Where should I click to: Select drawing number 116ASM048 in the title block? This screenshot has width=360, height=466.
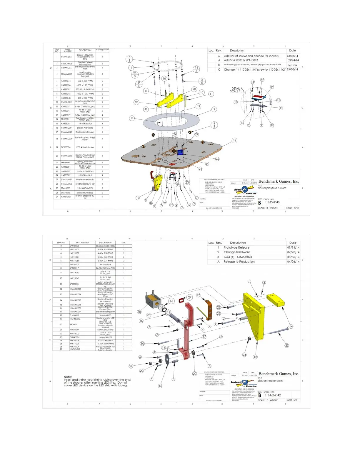pos(272,202)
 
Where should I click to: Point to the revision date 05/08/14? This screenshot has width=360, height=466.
pos(293,70)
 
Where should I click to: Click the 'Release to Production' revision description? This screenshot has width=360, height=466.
pos(239,262)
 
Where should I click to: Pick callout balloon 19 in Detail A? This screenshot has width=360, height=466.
pos(272,87)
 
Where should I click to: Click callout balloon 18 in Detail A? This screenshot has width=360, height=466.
pos(281,108)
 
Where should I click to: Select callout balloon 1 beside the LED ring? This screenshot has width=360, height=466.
pos(131,68)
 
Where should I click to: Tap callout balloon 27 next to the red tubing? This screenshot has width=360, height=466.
pos(190,297)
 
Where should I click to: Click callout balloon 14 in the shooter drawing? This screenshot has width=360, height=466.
pos(291,326)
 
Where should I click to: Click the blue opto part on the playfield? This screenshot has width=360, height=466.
pos(180,152)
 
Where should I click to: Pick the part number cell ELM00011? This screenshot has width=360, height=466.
pos(74,315)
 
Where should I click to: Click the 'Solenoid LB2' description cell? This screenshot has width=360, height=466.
pos(105,315)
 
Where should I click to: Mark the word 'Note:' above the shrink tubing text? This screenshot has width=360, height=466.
pos(68,377)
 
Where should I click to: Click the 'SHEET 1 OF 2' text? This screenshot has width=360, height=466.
pos(292,208)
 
